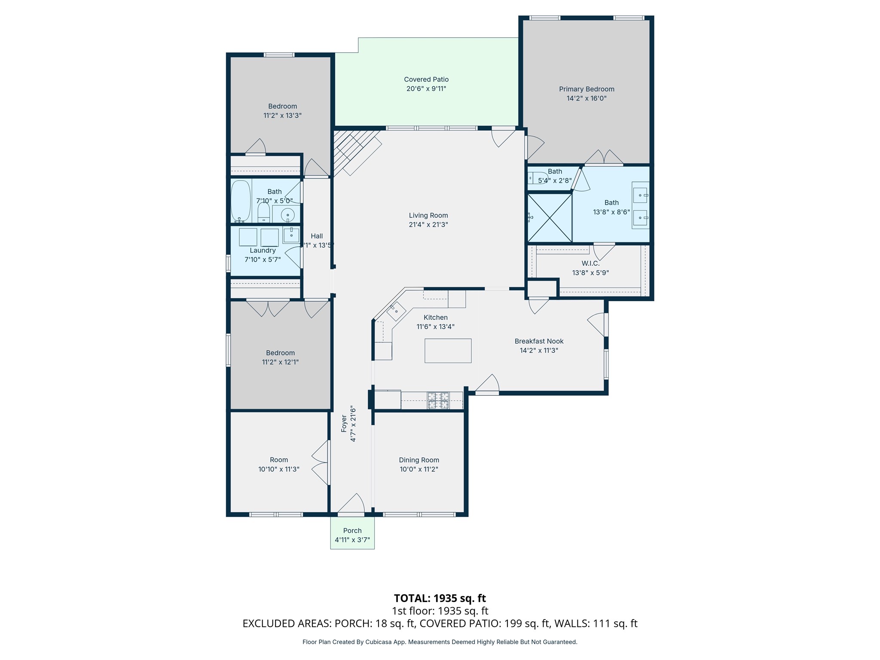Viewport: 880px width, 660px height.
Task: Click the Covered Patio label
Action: click(426, 79)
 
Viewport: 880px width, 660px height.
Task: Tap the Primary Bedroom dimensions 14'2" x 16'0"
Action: click(586, 98)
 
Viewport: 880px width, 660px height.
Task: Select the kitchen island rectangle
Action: click(448, 351)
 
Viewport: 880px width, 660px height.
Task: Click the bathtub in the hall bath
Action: click(241, 201)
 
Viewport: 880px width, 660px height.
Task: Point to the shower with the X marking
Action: click(549, 218)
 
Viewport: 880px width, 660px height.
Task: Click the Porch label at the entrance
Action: click(352, 531)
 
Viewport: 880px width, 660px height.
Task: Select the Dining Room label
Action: click(419, 460)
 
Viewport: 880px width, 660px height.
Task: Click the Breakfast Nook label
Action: click(539, 341)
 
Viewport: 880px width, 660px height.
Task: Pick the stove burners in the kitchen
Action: click(438, 400)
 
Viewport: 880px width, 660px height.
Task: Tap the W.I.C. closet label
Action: click(590, 263)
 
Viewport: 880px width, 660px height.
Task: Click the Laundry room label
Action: click(263, 251)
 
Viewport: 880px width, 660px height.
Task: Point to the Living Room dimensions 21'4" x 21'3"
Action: click(428, 225)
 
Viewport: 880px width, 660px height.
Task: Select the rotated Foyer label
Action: click(344, 423)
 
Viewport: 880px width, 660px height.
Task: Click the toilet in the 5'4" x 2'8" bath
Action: click(537, 177)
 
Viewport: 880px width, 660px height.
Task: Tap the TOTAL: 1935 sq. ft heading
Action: click(440, 598)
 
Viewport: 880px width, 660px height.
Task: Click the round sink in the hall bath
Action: click(287, 214)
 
